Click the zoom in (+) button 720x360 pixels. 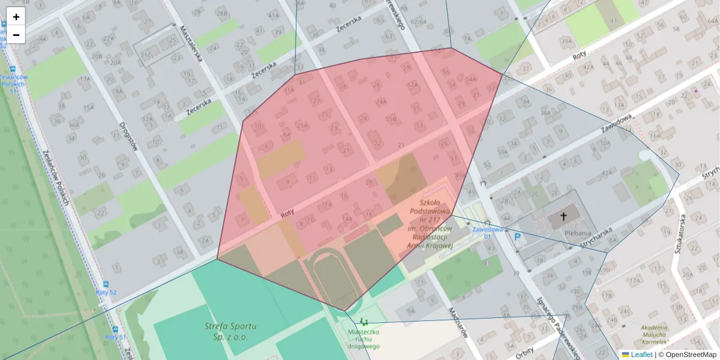[16, 17]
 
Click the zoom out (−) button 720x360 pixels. [16, 35]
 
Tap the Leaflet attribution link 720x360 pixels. [641, 355]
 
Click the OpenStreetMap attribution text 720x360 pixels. [687, 355]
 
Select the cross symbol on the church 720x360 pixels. [563, 218]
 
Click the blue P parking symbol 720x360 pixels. [517, 238]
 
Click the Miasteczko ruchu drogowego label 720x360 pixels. [364, 340]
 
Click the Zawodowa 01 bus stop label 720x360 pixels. [487, 232]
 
